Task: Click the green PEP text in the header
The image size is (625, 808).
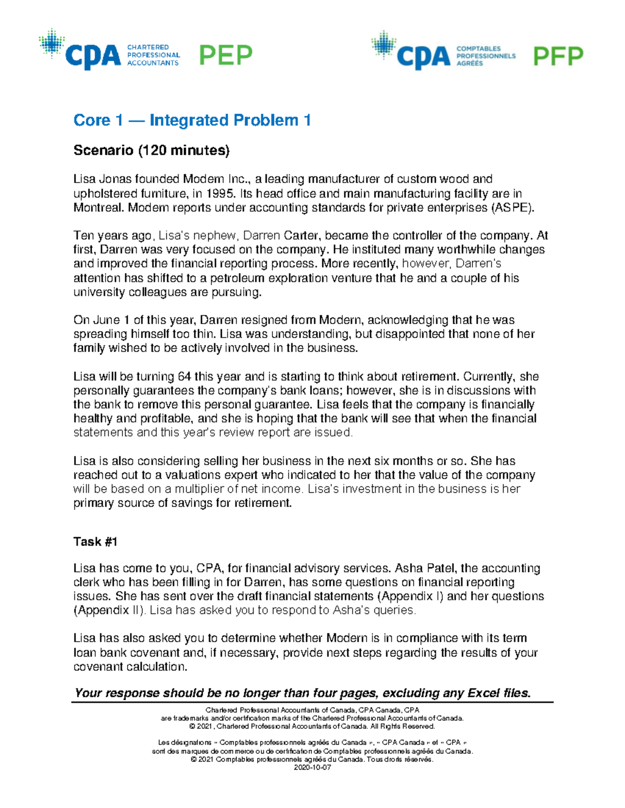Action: coord(226,55)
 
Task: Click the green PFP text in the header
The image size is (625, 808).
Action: coord(558,56)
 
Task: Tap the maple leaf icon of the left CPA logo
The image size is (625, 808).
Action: coord(52,43)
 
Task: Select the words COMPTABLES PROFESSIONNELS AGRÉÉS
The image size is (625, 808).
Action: coord(485,56)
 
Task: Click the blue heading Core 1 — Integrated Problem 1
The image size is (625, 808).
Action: coord(192,120)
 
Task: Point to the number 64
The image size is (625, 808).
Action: coord(184,376)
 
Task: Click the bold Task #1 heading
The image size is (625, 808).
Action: coord(95,542)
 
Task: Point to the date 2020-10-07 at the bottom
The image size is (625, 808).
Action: coord(312,767)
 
